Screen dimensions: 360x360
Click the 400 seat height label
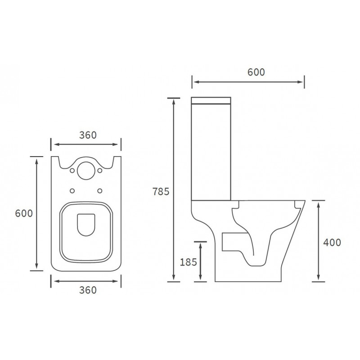tap(332, 242)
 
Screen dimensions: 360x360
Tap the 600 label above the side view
tap(255, 72)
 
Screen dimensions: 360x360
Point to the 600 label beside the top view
tap(24, 214)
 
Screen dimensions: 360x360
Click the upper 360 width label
tap(88, 135)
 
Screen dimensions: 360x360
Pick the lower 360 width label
tap(88, 290)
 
